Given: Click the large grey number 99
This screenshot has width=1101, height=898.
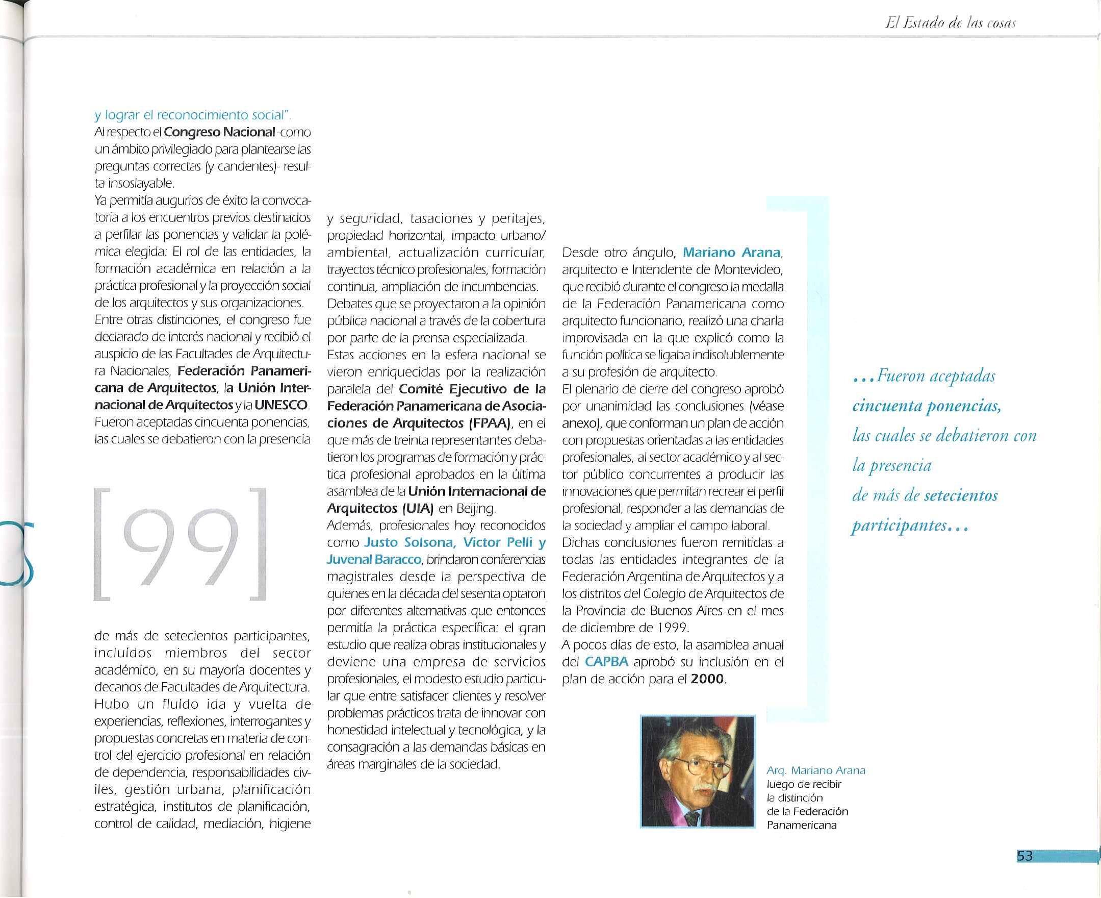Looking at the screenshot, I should pos(180,546).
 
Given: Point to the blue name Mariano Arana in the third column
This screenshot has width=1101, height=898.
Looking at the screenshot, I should pos(731,253).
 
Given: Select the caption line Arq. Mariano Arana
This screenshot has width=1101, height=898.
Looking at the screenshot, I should pos(815,771).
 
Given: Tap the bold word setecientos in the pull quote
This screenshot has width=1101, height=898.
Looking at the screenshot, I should pos(960,496).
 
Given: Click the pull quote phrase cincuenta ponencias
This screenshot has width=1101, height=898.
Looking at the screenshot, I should pos(926,406).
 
